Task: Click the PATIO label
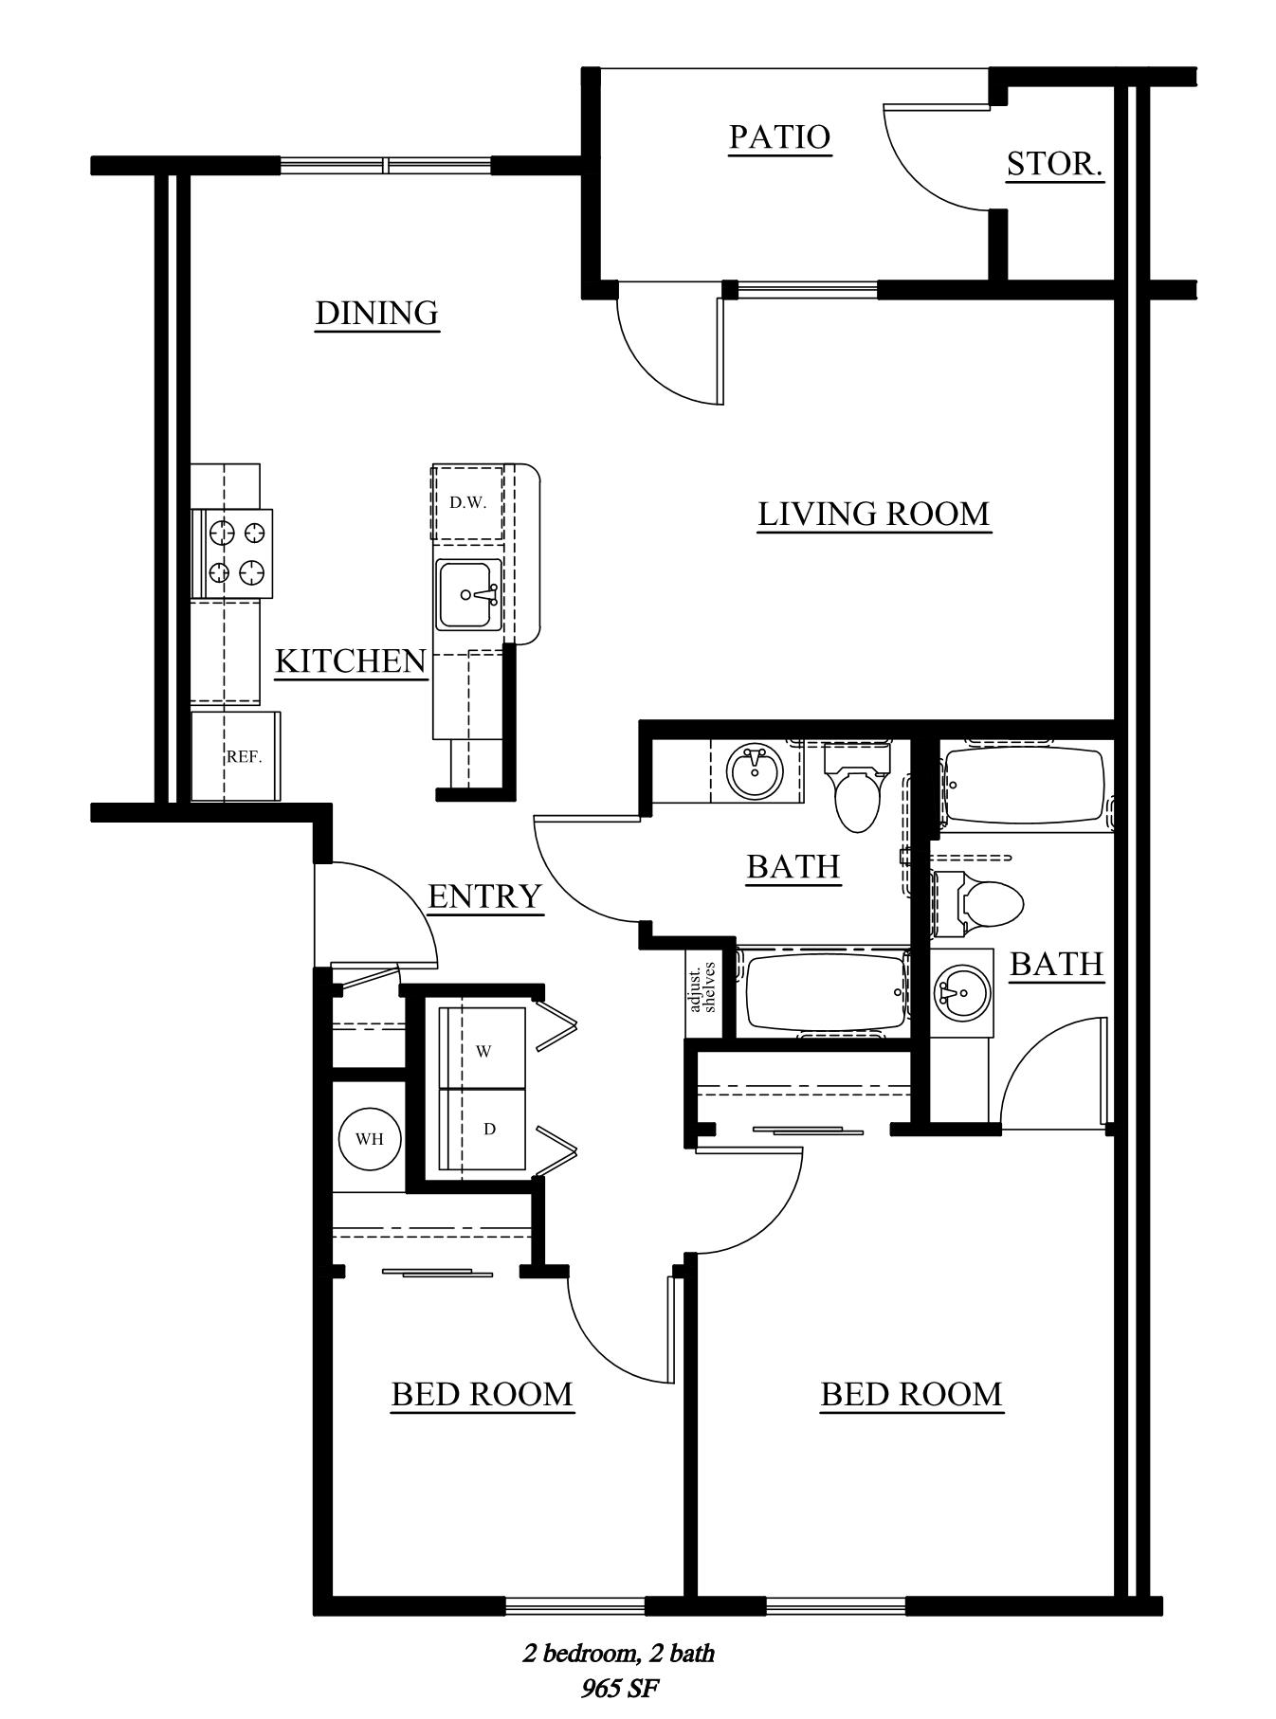tap(780, 137)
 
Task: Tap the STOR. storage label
tap(1054, 165)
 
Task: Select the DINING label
tap(376, 313)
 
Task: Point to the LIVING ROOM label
tap(874, 514)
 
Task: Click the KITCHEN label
tap(351, 661)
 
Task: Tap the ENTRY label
tap(484, 896)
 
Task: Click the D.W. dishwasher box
tap(467, 502)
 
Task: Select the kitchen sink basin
tap(468, 594)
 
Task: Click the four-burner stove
tap(232, 553)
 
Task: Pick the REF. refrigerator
tap(236, 756)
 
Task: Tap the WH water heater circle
tap(370, 1139)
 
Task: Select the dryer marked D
tap(482, 1129)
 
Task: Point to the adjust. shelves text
tap(702, 988)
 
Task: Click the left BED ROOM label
tap(483, 1395)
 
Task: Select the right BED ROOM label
tap(911, 1395)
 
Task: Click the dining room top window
tap(386, 166)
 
